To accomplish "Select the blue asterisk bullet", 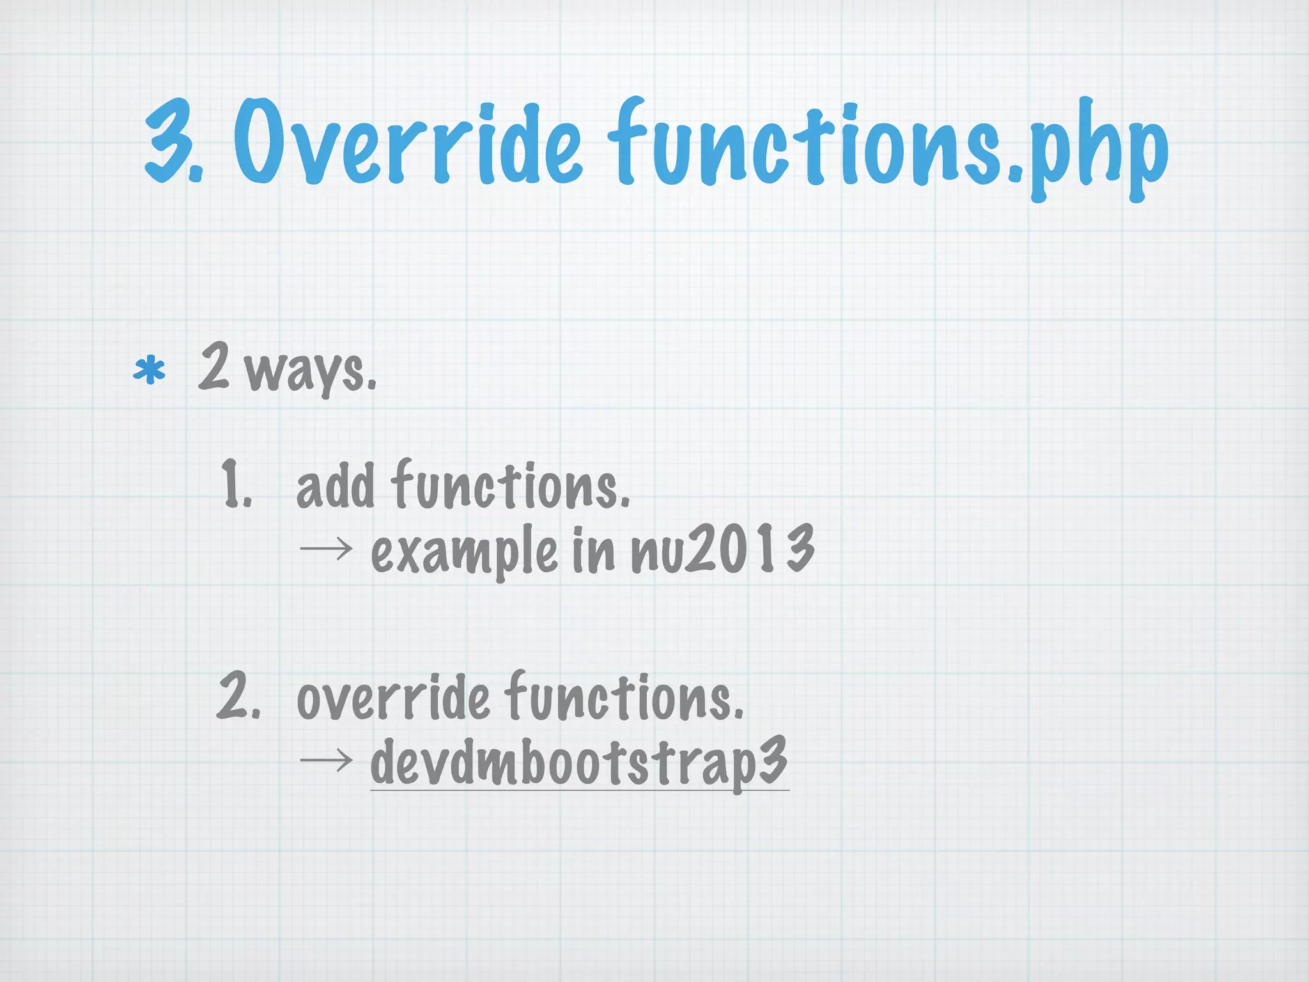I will pos(149,371).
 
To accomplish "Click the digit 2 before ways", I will pos(213,366).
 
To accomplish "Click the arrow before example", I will pos(326,547).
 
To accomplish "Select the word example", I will pos(464,551).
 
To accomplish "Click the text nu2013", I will pos(722,549).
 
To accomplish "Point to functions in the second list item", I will pos(624,698).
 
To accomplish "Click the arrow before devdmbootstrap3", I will pos(326,760).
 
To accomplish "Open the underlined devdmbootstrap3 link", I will pos(578,762).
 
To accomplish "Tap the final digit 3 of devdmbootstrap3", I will pos(772,760).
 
